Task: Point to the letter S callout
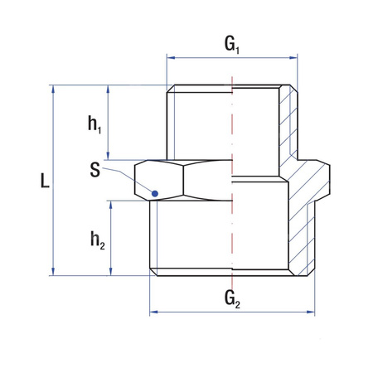[97, 170]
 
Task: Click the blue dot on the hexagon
[154, 194]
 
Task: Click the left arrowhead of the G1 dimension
[171, 58]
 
